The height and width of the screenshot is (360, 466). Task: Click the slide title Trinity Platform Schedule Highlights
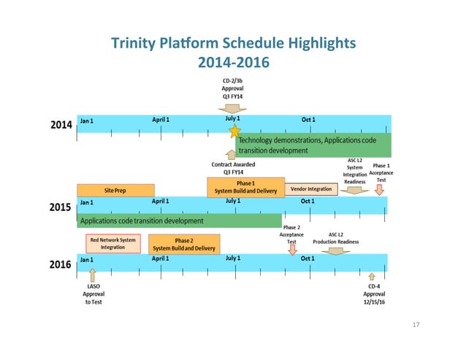point(234,43)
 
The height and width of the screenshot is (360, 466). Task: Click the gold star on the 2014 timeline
point(234,131)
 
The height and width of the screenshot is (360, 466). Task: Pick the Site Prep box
point(115,190)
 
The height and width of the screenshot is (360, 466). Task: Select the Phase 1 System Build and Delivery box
point(245,187)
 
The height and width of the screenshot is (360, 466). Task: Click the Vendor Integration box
point(311,190)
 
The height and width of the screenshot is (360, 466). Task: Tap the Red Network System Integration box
point(113,243)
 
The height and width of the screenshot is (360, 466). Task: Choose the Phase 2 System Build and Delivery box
point(183,243)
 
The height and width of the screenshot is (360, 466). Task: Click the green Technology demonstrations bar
point(315,145)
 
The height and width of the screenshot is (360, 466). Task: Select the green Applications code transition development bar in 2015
point(179,220)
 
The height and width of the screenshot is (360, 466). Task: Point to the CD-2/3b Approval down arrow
point(232,107)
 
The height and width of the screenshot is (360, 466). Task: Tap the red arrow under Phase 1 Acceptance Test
point(379,189)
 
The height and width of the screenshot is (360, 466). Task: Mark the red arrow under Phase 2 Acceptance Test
point(293,249)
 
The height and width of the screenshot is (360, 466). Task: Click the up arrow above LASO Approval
point(92,275)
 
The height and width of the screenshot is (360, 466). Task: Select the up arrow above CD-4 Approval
point(372,276)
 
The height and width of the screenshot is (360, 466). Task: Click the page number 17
point(418,325)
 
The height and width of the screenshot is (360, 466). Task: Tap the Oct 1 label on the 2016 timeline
point(308,258)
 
